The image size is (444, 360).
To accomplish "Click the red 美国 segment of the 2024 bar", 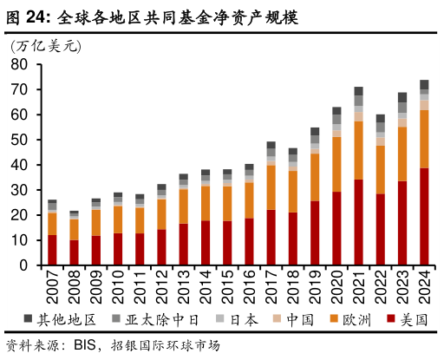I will pyautogui.click(x=424, y=217).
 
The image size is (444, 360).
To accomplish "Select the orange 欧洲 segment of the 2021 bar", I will pyautogui.click(x=358, y=150).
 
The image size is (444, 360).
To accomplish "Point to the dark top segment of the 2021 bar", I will pyautogui.click(x=358, y=91).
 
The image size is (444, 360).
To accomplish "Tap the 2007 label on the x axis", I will pyautogui.click(x=53, y=286).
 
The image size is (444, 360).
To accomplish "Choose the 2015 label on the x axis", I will pyautogui.click(x=227, y=286).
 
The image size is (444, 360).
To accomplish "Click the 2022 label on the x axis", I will pyautogui.click(x=381, y=286).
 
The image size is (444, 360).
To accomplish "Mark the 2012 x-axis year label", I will pyautogui.click(x=162, y=286).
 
